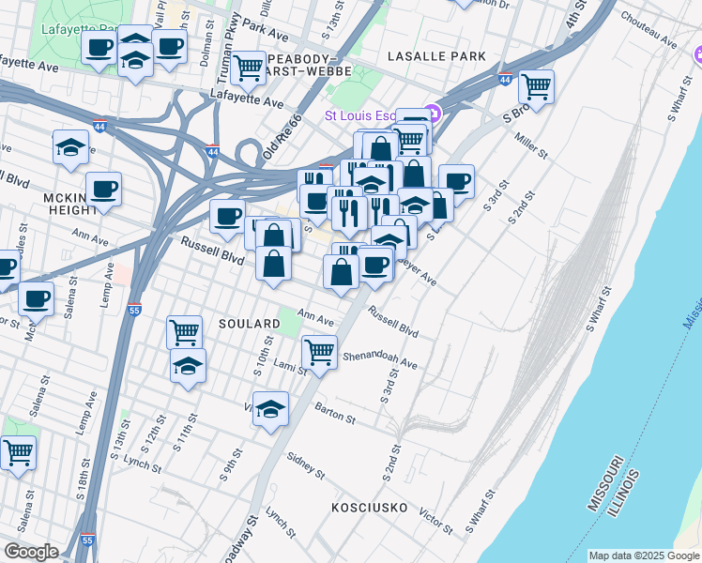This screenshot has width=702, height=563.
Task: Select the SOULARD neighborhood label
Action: pyautogui.click(x=249, y=324)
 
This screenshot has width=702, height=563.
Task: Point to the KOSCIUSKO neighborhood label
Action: pyautogui.click(x=370, y=508)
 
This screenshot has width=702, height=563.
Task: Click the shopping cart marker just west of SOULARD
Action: pyautogui.click(x=184, y=331)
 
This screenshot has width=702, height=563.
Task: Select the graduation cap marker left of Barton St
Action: pyautogui.click(x=270, y=409)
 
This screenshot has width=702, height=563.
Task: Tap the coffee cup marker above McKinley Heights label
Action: pyautogui.click(x=103, y=190)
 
